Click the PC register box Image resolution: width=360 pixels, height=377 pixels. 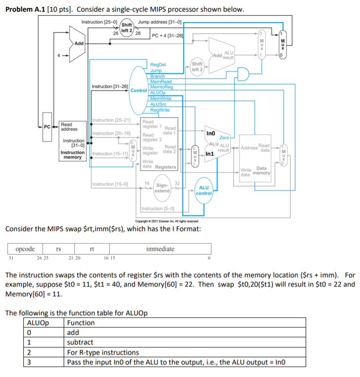click(x=47, y=127)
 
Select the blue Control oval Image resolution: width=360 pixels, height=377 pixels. click(x=139, y=90)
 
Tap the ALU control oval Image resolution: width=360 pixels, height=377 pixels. click(x=204, y=190)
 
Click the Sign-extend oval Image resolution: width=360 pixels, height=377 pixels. click(x=163, y=188)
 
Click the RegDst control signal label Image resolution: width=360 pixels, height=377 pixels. click(x=158, y=64)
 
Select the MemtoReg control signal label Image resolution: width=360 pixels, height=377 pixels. click(x=162, y=87)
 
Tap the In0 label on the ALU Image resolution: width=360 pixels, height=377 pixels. click(x=210, y=133)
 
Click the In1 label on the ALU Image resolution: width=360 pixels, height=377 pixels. click(x=210, y=154)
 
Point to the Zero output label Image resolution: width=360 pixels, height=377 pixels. click(x=224, y=138)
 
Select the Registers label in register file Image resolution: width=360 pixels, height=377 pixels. click(x=166, y=167)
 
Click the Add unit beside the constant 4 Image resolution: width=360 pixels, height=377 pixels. click(x=79, y=43)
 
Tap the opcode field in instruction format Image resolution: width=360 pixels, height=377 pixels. click(x=25, y=249)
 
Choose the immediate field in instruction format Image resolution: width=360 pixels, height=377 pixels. click(x=160, y=249)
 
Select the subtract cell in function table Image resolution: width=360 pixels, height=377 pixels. click(x=80, y=342)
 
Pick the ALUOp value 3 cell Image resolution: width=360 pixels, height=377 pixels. click(x=30, y=362)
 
